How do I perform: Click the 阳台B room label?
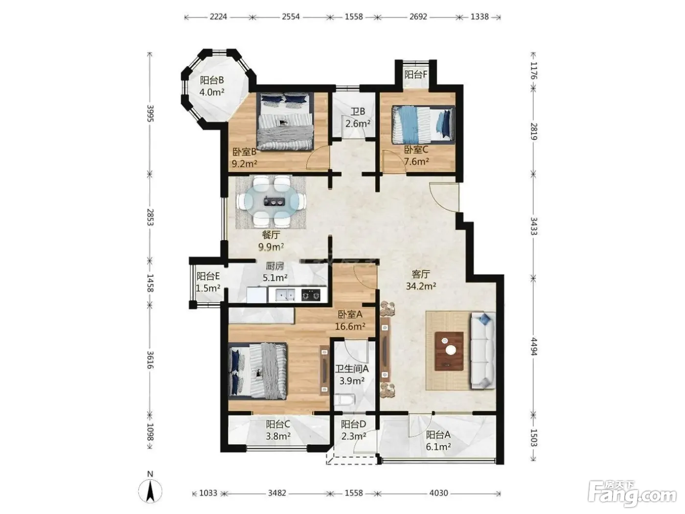coord(212,81)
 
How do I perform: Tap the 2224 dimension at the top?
coord(218,16)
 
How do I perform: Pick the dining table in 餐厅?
coord(271,202)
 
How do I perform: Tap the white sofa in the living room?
coord(482,351)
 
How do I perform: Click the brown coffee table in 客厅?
coord(449,351)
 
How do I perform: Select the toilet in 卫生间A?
coord(344,400)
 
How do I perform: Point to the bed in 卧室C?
coord(423,125)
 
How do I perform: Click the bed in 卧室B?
coord(285,122)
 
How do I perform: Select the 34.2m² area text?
coord(421,286)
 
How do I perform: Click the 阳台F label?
coord(416,74)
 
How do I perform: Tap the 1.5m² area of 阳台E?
coord(208,288)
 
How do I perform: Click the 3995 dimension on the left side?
coord(150,113)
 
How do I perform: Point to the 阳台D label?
coord(353,425)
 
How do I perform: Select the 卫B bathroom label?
coord(358,112)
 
